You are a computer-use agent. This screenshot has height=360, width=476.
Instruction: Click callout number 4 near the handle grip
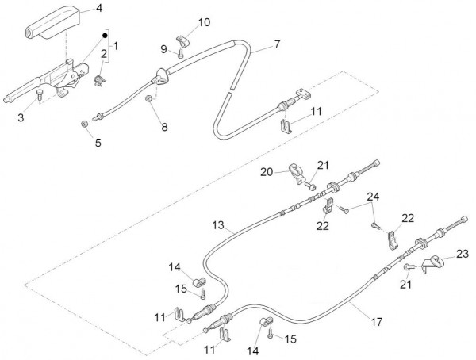pyautogui.click(x=98, y=9)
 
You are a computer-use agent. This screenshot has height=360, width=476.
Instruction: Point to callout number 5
pyautogui.click(x=98, y=143)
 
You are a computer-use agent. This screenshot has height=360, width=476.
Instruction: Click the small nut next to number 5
pyautogui.click(x=84, y=125)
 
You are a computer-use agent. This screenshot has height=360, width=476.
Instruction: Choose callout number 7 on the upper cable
pyautogui.click(x=276, y=44)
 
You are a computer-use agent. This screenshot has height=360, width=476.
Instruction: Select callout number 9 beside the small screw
pyautogui.click(x=164, y=49)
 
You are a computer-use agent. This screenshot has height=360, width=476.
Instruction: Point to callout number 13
pyautogui.click(x=217, y=226)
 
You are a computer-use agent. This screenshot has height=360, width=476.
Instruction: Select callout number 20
pyautogui.click(x=267, y=172)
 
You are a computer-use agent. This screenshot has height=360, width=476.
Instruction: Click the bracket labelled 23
pyautogui.click(x=435, y=266)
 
